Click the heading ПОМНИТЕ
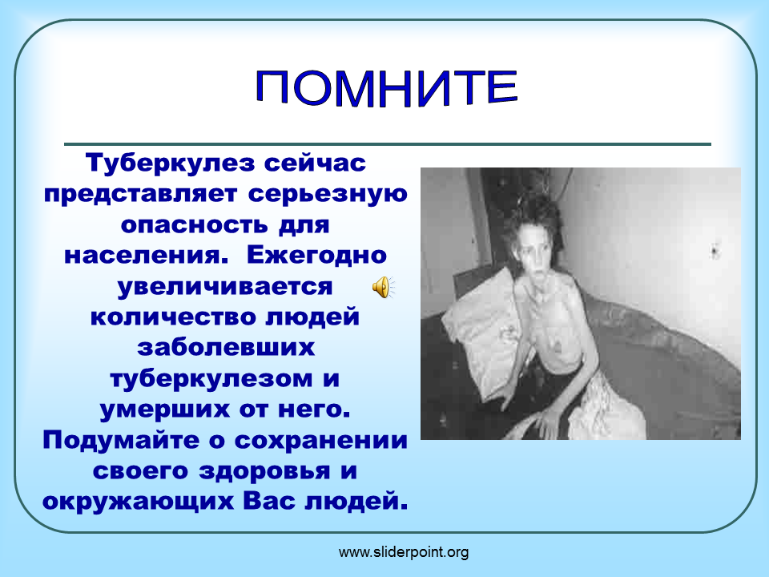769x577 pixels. [x=386, y=87]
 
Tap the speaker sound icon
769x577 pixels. [x=383, y=287]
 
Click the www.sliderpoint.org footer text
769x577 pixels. [x=404, y=552]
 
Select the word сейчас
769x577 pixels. [x=315, y=163]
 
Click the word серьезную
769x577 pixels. [x=328, y=194]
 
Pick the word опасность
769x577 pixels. [x=194, y=225]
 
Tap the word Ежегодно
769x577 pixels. [x=317, y=255]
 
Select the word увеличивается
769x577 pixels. [x=225, y=287]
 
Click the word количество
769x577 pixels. [x=173, y=317]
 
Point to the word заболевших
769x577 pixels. [x=226, y=348]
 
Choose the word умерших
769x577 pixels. [x=164, y=410]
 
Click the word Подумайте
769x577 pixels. [x=122, y=440]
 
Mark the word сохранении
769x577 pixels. [x=321, y=441]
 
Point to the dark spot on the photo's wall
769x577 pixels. [x=715, y=252]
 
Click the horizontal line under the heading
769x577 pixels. [x=388, y=144]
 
